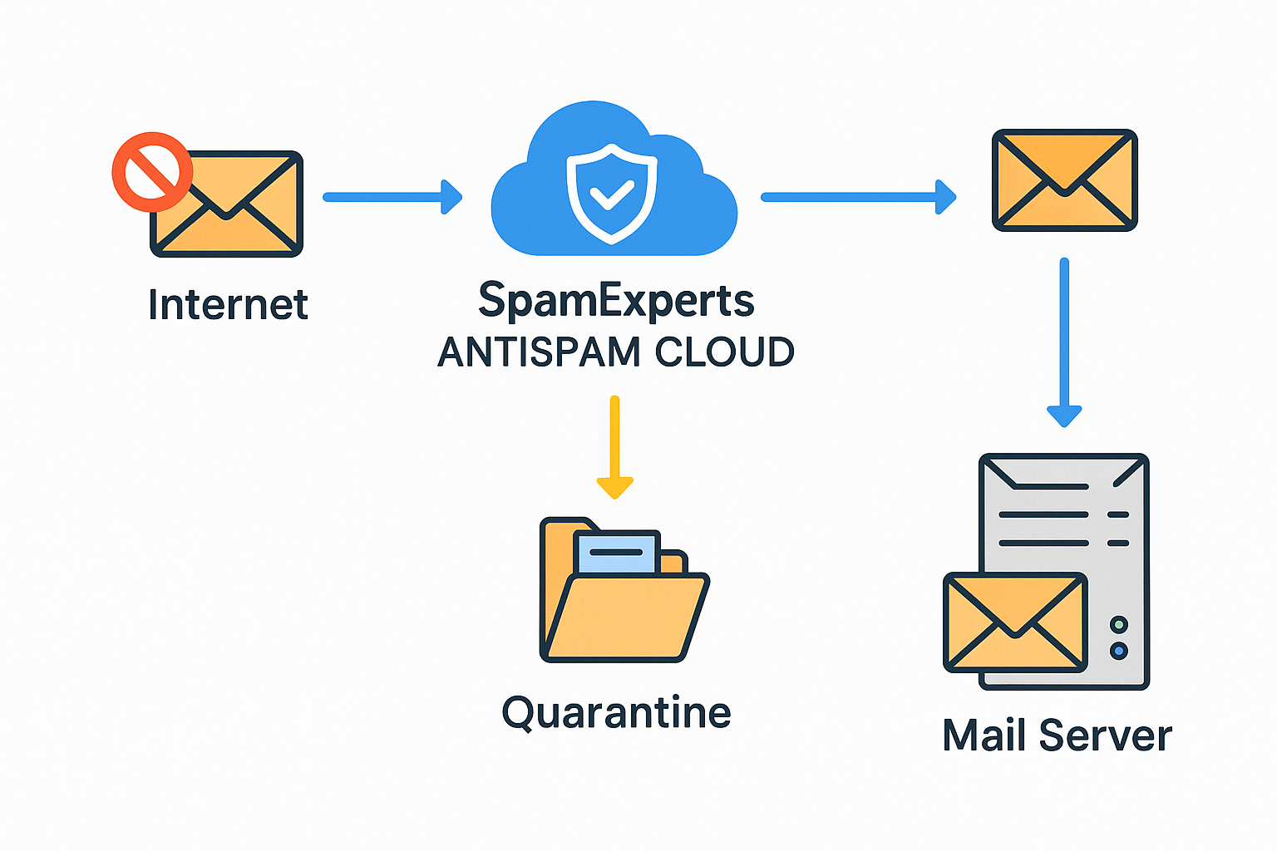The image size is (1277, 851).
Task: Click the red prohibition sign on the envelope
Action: (x=152, y=172)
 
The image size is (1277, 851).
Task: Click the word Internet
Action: (x=228, y=304)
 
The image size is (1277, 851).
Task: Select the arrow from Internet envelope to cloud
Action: (x=391, y=197)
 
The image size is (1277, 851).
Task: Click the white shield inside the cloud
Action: (x=611, y=193)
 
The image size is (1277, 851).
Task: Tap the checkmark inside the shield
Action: (x=611, y=196)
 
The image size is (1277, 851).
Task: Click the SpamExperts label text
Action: (x=616, y=301)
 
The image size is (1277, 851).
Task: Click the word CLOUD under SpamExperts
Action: (x=724, y=352)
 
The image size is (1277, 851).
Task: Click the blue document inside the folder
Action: (x=616, y=552)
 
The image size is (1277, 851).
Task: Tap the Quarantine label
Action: (x=616, y=713)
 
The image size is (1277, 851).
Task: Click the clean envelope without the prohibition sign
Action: (x=1064, y=180)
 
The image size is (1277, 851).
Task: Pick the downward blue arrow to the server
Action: (x=1064, y=341)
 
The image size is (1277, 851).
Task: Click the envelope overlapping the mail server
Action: (x=1015, y=622)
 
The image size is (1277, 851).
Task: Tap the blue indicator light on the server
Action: (x=1119, y=651)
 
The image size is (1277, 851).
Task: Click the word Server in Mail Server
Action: (x=1105, y=736)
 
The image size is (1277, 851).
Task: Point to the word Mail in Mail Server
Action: (x=984, y=736)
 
